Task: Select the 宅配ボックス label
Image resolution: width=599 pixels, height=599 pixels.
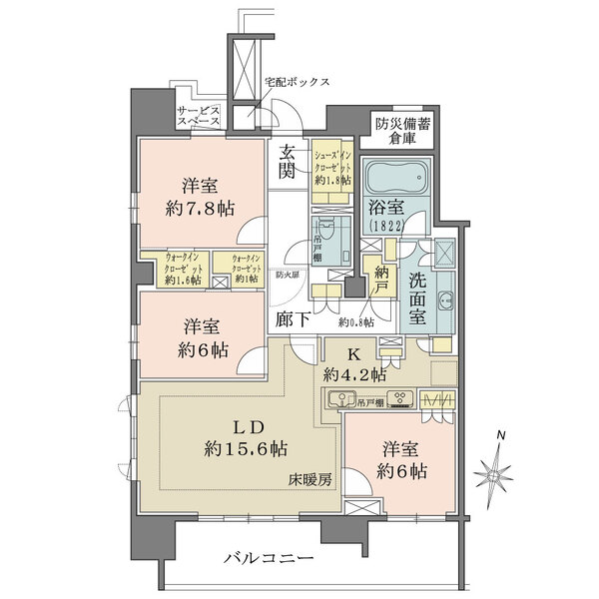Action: pyautogui.click(x=297, y=83)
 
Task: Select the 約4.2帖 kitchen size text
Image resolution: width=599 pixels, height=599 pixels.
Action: pyautogui.click(x=354, y=375)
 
